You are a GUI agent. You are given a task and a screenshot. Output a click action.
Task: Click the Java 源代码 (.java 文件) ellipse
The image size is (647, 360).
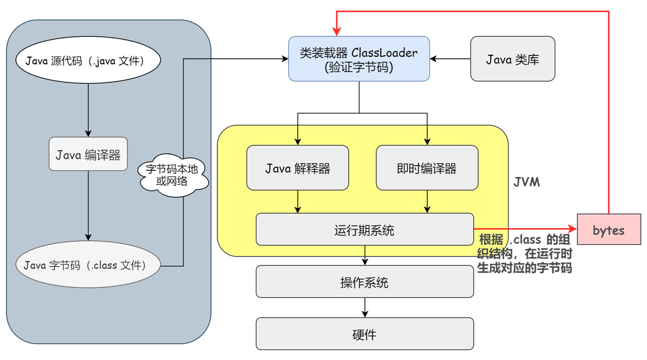pyautogui.click(x=88, y=62)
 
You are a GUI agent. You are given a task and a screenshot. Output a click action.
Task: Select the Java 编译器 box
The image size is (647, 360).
pyautogui.click(x=88, y=155)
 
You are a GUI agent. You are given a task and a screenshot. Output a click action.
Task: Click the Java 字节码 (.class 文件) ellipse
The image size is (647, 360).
pyautogui.click(x=88, y=265)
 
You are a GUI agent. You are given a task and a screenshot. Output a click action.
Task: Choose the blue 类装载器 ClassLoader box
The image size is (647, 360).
pyautogui.click(x=359, y=59)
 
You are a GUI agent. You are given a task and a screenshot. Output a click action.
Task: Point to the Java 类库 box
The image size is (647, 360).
pyautogui.click(x=513, y=59)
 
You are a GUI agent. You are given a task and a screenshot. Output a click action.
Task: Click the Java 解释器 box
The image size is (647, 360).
pyautogui.click(x=298, y=168)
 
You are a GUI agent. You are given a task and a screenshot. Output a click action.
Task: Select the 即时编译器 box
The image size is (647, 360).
pyautogui.click(x=427, y=168)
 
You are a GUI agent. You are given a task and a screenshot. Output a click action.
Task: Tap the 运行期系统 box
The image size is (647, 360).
pyautogui.click(x=365, y=230)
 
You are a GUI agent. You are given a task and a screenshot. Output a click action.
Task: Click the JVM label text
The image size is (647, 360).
pyautogui.click(x=527, y=182)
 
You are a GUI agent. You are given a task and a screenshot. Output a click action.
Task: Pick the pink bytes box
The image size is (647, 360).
pyautogui.click(x=609, y=230)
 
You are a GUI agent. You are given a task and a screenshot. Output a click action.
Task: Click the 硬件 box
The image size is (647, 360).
pyautogui.click(x=365, y=334)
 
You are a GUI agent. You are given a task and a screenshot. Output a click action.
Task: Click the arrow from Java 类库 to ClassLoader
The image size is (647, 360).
pyautogui.click(x=450, y=59)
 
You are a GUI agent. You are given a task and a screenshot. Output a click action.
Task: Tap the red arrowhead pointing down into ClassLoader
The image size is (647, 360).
pyautogui.click(x=337, y=31)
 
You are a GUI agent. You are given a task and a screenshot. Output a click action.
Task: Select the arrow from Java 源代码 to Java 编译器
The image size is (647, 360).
pyautogui.click(x=88, y=110)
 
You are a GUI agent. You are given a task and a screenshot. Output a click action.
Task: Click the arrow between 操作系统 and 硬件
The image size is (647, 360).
pyautogui.click(x=365, y=307)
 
